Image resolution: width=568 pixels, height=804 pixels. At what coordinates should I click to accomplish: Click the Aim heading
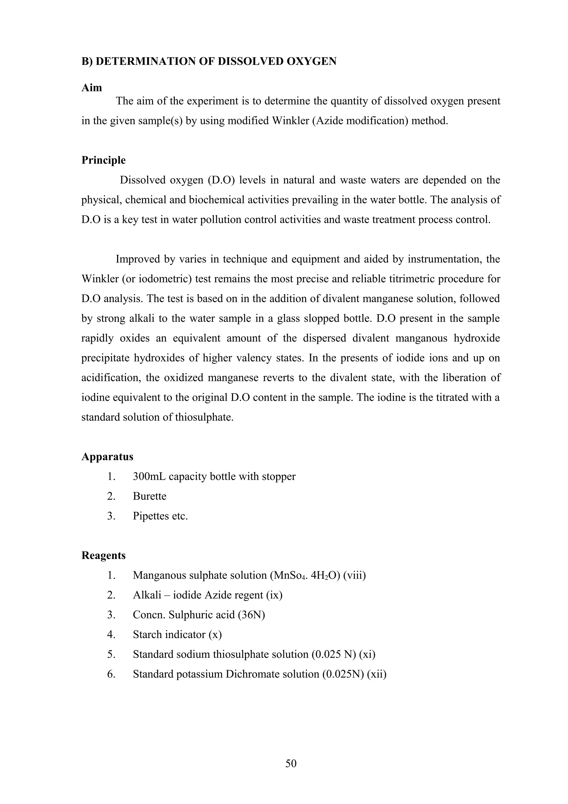click(x=92, y=88)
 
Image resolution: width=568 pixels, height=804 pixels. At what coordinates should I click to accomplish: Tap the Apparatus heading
click(x=107, y=457)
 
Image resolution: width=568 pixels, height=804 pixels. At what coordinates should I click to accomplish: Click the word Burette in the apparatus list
click(x=149, y=496)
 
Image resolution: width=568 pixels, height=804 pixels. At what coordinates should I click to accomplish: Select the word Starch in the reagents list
click(x=147, y=634)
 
